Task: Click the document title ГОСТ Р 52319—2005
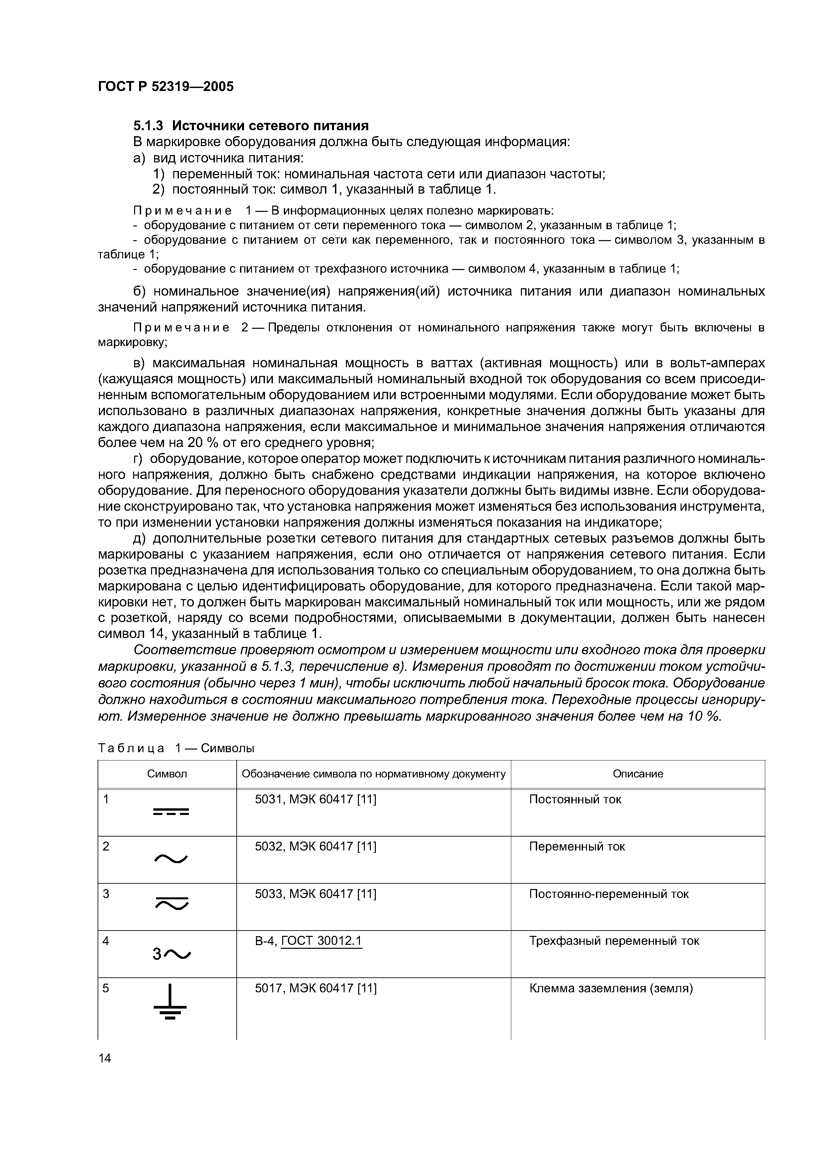click(165, 87)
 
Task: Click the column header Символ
click(167, 774)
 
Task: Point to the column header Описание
click(637, 774)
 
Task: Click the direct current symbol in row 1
click(170, 812)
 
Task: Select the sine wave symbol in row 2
click(170, 858)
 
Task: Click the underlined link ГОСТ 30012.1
click(321, 941)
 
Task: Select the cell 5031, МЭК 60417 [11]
click(315, 799)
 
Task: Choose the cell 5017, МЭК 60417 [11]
click(315, 988)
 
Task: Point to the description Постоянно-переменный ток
click(609, 894)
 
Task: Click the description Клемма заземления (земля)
click(611, 988)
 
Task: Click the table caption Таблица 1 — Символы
click(175, 749)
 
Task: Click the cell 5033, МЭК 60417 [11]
click(315, 894)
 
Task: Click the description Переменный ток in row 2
click(577, 846)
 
